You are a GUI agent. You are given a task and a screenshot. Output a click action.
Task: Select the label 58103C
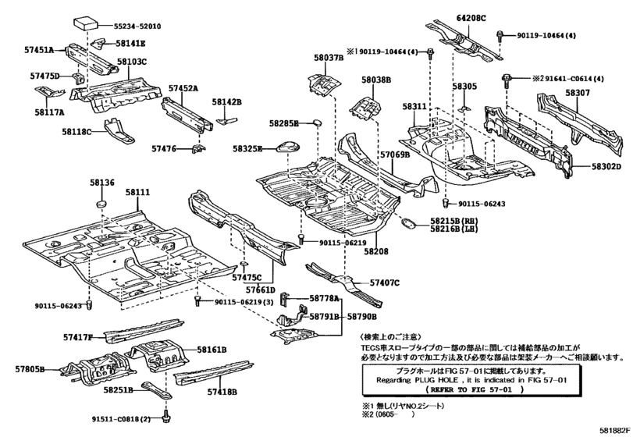(x=132, y=61)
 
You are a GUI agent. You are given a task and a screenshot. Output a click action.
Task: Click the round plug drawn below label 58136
(x=99, y=203)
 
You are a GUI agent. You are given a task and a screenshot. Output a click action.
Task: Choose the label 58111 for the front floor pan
(x=137, y=191)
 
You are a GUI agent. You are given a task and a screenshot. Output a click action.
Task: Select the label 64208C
(x=471, y=17)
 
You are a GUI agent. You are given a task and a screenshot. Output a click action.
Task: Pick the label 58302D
(x=606, y=166)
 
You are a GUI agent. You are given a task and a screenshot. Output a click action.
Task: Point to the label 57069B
(x=395, y=155)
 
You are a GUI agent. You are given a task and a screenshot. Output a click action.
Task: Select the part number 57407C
(x=384, y=282)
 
